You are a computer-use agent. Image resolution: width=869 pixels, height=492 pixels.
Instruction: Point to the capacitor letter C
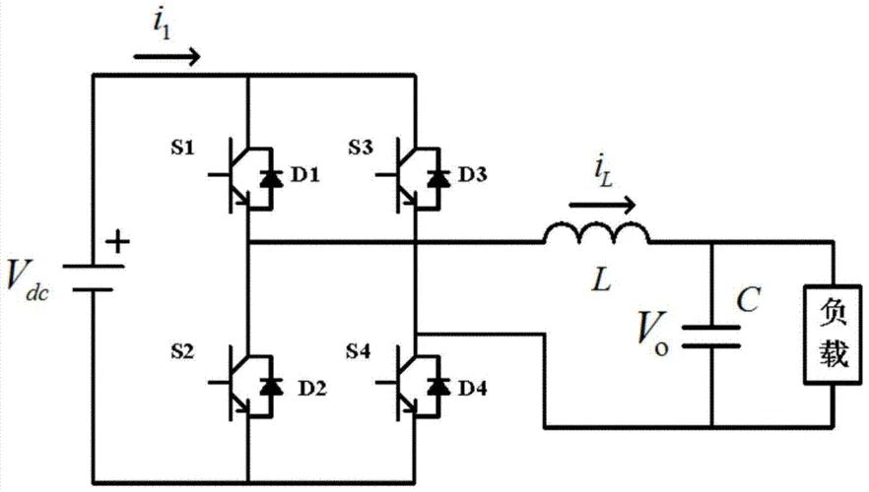pos(749,299)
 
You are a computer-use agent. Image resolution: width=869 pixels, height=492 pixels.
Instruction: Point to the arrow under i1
pos(166,56)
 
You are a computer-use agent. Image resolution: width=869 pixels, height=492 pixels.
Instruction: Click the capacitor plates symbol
pos(711,338)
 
